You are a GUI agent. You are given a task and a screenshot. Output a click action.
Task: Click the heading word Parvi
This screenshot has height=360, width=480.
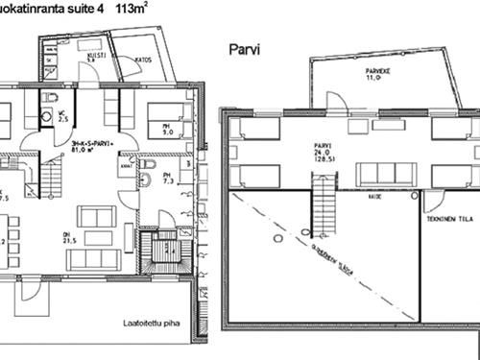[247, 49]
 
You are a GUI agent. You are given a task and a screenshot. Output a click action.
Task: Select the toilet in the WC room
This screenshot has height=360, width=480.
[46, 116]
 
